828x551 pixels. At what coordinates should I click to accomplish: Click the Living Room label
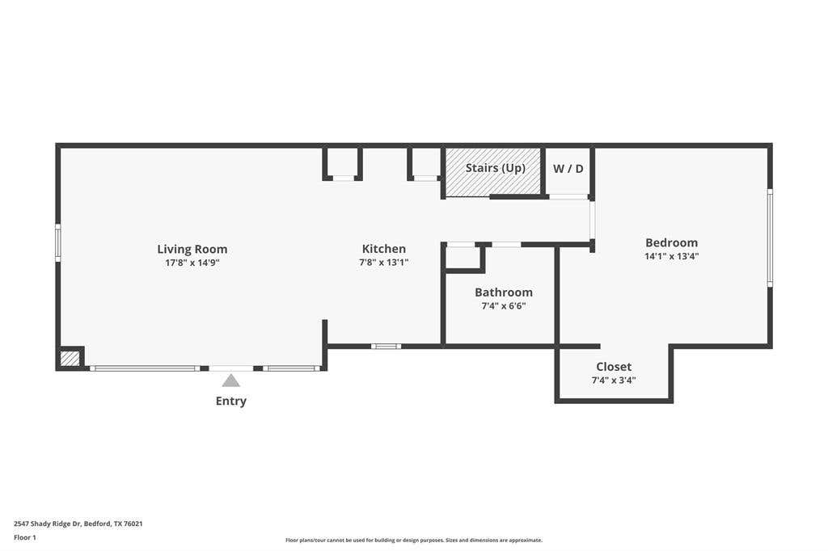click(x=192, y=249)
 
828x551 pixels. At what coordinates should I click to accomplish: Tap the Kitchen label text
click(x=384, y=249)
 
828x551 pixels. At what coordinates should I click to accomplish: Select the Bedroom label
click(x=672, y=242)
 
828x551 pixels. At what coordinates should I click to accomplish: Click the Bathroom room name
click(x=504, y=292)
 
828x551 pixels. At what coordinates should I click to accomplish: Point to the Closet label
click(x=614, y=367)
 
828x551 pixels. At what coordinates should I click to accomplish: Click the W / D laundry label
click(x=568, y=169)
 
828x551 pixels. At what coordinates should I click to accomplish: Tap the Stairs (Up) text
click(x=496, y=168)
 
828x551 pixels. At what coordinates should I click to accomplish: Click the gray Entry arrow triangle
click(x=230, y=381)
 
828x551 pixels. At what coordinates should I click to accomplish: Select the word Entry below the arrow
click(x=230, y=401)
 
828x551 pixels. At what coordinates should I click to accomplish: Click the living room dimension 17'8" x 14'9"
click(x=192, y=263)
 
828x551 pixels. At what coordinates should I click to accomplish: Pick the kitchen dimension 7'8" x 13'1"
click(x=384, y=263)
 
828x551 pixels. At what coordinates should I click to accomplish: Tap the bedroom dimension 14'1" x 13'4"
click(x=672, y=256)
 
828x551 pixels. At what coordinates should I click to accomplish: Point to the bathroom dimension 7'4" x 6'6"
click(x=504, y=305)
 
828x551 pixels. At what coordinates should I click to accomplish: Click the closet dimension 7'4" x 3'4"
click(x=614, y=380)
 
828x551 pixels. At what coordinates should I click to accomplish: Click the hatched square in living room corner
click(x=70, y=359)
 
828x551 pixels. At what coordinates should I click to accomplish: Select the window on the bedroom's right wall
click(x=770, y=238)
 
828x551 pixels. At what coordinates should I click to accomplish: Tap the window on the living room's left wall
click(x=58, y=242)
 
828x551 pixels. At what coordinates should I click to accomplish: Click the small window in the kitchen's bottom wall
click(x=386, y=347)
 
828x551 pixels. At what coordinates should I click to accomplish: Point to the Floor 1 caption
click(x=25, y=538)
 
